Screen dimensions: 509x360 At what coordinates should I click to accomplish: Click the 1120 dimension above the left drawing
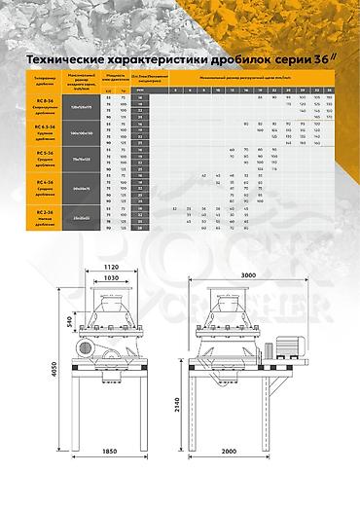coord(108,265)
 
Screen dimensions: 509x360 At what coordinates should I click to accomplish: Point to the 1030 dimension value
coord(108,278)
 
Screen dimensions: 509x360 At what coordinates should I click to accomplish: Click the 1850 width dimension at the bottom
coord(108,479)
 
